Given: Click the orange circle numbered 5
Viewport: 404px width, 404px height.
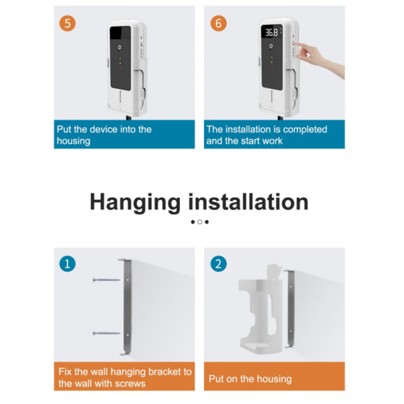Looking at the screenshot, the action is (x=67, y=24).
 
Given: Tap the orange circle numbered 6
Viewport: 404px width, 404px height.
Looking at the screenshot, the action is (x=218, y=24).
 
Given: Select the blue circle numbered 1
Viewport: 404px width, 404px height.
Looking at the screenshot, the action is (x=67, y=264).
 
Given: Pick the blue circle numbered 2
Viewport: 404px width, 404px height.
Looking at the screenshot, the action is (x=218, y=264).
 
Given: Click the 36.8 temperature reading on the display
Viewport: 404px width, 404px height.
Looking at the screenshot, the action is (x=272, y=32).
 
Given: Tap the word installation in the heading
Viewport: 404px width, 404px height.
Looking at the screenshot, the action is (x=248, y=202).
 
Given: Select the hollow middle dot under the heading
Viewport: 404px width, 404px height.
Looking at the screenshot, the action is (x=200, y=222).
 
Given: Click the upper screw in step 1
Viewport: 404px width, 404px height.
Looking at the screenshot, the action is (x=106, y=280).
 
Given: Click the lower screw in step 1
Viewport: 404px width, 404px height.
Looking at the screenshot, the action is (x=106, y=333).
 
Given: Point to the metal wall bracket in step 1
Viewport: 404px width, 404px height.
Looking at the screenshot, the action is (x=127, y=306).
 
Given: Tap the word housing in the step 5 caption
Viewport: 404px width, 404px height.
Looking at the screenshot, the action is (x=73, y=141).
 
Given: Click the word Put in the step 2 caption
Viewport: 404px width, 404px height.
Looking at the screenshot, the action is (x=216, y=378).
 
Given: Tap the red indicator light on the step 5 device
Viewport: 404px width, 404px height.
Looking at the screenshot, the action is (x=120, y=68).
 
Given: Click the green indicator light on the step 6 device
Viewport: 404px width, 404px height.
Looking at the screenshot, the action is (x=271, y=57).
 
